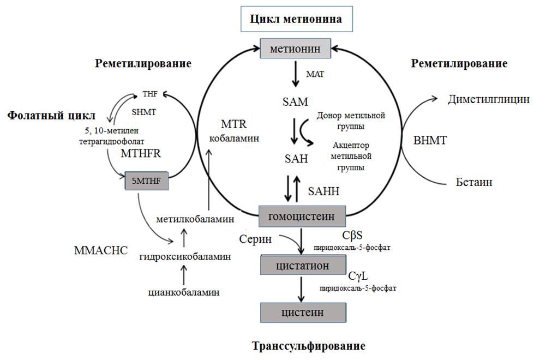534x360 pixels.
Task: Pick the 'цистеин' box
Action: (303, 313)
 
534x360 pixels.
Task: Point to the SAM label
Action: (296, 102)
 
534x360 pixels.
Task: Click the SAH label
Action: (296, 159)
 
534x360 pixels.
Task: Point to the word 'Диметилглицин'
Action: (488, 99)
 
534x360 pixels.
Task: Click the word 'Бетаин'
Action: (474, 182)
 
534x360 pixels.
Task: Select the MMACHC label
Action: (100, 250)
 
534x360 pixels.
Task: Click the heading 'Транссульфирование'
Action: (308, 346)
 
